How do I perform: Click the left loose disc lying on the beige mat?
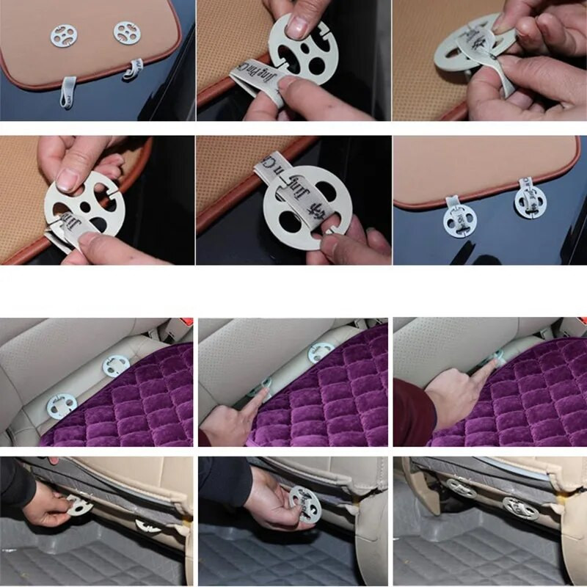[63, 34]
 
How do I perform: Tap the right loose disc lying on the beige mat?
[126, 32]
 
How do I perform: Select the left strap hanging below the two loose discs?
[68, 91]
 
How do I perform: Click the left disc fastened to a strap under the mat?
[459, 219]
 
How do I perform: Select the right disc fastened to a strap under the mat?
[530, 202]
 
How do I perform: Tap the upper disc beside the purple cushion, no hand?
[115, 365]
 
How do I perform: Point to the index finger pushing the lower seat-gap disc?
[249, 400]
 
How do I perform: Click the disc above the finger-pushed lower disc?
[321, 353]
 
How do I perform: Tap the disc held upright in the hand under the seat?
[305, 503]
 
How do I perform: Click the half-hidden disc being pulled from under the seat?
[76, 504]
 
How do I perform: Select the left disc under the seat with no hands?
[461, 488]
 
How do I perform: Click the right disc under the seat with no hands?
[519, 508]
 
